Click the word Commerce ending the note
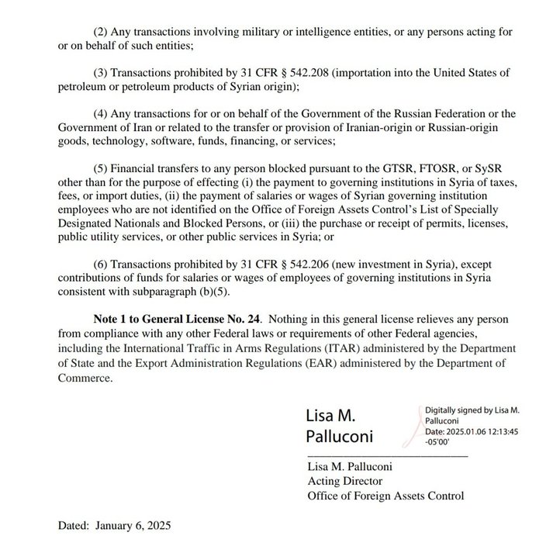85,379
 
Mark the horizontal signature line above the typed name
388,455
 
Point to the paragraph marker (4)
102,114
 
